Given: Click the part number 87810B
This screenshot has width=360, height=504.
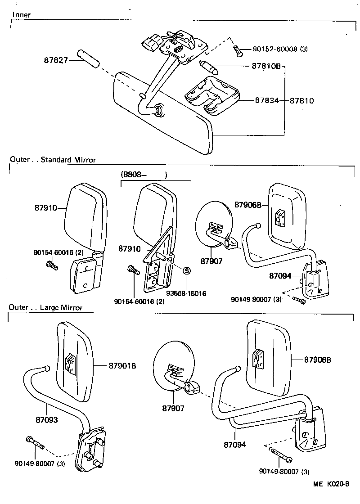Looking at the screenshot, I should tap(266, 66).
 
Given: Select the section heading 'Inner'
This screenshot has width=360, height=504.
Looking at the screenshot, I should tap(22, 14).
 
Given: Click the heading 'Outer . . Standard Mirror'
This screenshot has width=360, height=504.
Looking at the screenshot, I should tap(52, 159).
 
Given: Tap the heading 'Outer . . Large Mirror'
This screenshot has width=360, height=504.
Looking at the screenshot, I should tap(46, 308).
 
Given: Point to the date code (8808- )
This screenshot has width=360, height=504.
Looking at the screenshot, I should tap(144, 175).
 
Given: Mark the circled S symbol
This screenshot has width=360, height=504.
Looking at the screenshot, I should tap(185, 270).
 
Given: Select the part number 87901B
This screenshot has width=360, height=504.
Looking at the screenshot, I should tap(122, 365).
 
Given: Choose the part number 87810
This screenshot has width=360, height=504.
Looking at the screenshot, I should tap(301, 100).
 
